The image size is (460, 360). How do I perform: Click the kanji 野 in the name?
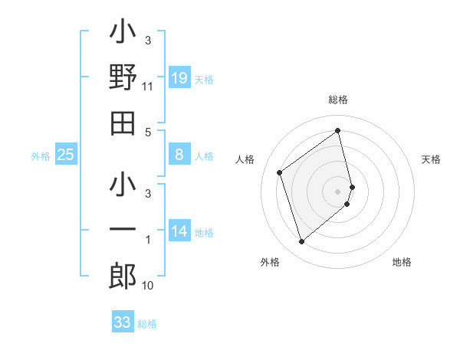pyautogui.click(x=123, y=78)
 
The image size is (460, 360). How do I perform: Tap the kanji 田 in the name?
pyautogui.click(x=123, y=123)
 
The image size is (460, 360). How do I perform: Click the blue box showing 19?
pyautogui.click(x=179, y=78)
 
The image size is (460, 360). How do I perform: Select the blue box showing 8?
pyautogui.click(x=179, y=155)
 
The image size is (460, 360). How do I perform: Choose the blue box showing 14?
pyautogui.click(x=179, y=231)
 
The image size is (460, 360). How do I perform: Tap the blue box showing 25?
pyautogui.click(x=66, y=155)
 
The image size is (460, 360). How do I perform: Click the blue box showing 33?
pyautogui.click(x=122, y=322)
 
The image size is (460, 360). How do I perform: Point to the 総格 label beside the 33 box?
pyautogui.click(x=147, y=324)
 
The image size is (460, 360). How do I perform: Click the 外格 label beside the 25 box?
pyautogui.click(x=41, y=156)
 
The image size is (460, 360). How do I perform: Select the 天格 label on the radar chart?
pyautogui.click(x=431, y=159)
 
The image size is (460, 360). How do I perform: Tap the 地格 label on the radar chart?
pyautogui.click(x=402, y=262)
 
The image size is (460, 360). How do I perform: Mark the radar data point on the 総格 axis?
pyautogui.click(x=338, y=130)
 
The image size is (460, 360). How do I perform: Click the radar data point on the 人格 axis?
pyautogui.click(x=280, y=172)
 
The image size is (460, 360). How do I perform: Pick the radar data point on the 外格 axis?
pyautogui.click(x=301, y=242)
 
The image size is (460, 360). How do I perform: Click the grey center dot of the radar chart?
pyautogui.click(x=338, y=191)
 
